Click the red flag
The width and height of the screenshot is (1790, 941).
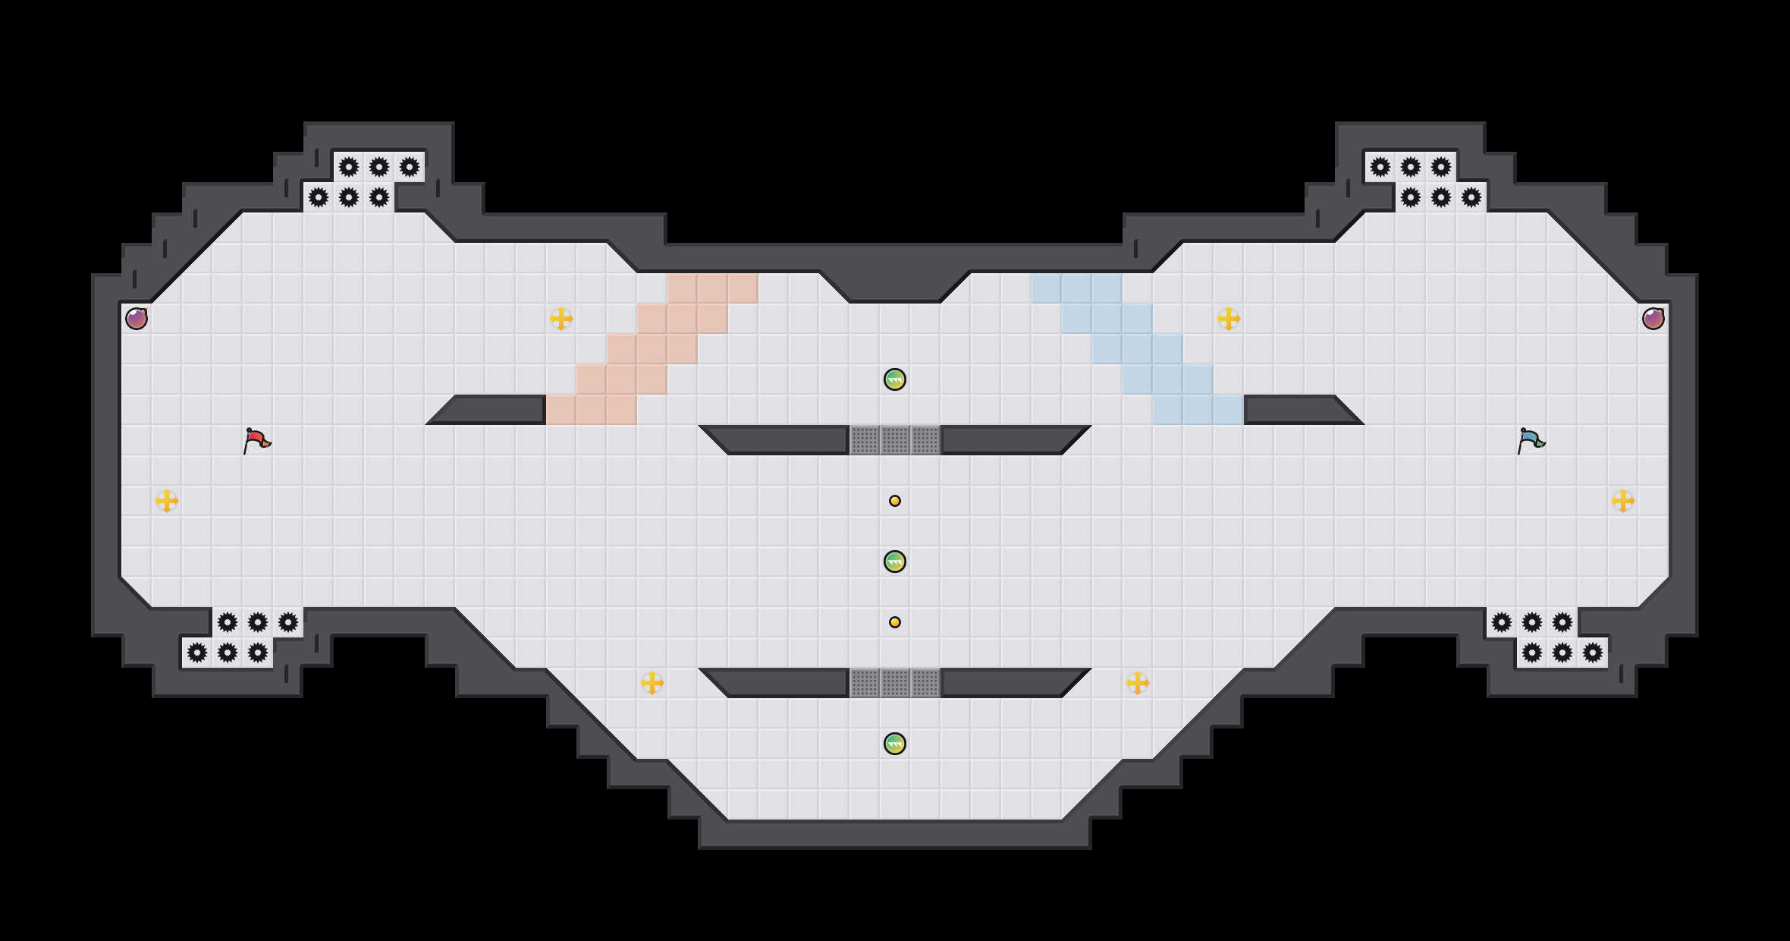click(256, 440)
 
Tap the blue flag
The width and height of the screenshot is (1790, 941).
click(1531, 440)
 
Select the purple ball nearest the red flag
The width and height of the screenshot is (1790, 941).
click(137, 319)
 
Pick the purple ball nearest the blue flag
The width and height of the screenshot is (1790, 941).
click(1653, 319)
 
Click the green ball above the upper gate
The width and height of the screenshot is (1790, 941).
click(895, 379)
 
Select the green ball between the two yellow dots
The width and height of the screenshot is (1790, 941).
click(895, 562)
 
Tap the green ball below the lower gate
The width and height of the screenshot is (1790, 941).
click(895, 744)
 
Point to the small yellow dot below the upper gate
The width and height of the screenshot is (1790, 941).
click(895, 501)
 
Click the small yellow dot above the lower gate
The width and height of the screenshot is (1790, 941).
click(895, 622)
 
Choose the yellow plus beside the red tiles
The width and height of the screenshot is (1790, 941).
click(561, 319)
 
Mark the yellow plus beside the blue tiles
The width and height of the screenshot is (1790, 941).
click(1229, 319)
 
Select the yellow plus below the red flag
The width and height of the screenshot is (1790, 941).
click(167, 501)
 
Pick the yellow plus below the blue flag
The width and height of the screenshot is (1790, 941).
click(1623, 501)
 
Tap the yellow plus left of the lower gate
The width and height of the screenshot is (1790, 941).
click(652, 683)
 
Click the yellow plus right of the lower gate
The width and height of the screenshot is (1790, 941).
click(1138, 683)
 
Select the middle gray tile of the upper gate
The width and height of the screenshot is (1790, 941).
click(895, 440)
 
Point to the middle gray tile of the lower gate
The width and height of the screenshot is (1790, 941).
click(895, 683)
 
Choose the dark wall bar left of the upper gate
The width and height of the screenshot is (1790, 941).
click(781, 440)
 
